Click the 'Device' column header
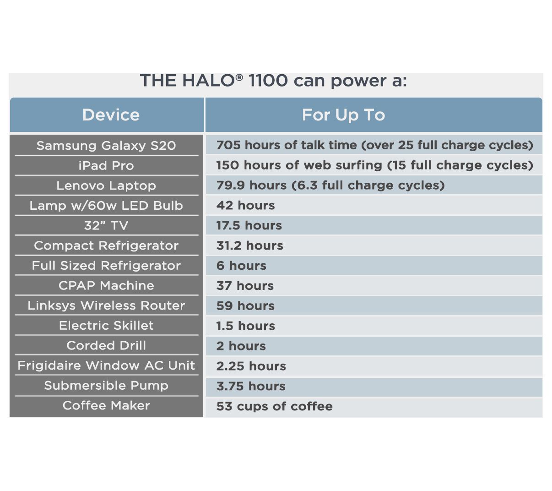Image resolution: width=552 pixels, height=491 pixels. pos(111,115)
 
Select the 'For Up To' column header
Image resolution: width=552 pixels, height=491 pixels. pos(343,115)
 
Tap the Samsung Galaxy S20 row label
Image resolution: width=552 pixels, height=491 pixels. pos(106,146)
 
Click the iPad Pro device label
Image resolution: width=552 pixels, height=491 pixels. pos(106,165)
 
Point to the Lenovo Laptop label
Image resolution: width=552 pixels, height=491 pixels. pos(106,185)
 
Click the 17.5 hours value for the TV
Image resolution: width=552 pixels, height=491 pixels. pos(249,225)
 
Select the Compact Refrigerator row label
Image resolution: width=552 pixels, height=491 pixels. pos(106,245)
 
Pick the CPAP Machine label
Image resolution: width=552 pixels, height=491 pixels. pos(106,285)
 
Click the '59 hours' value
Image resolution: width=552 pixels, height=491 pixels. pos(245,306)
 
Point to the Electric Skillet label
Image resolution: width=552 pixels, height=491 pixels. pos(106,326)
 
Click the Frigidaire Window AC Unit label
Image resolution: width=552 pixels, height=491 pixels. pos(106,366)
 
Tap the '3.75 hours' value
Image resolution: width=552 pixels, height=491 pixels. pos(251,386)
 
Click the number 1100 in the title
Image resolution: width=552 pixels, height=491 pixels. pos(268,81)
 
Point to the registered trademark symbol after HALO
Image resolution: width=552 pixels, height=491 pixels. pos(238,77)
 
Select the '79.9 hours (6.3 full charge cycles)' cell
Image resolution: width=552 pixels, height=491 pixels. pos(330,185)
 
